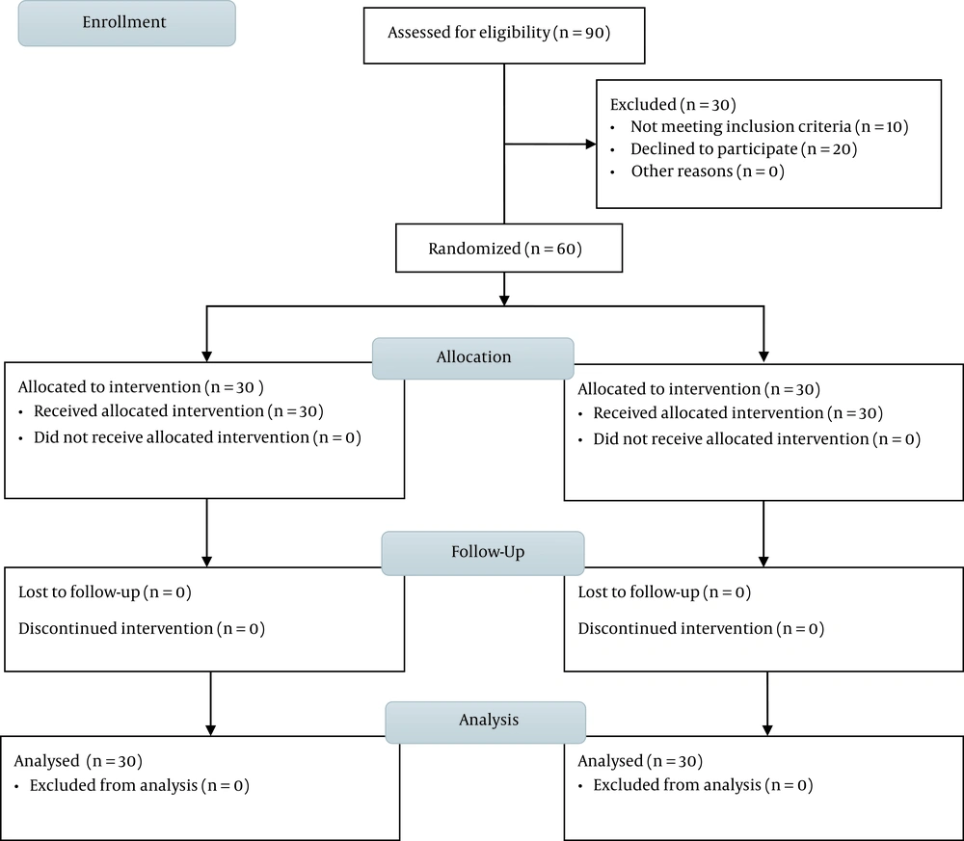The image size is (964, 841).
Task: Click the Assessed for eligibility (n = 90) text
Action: pyautogui.click(x=498, y=33)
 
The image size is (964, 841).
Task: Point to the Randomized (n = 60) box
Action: pyautogui.click(x=509, y=249)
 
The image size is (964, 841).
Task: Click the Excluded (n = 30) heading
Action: pyautogui.click(x=673, y=104)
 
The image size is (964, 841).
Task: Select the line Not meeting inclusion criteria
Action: pyautogui.click(x=769, y=126)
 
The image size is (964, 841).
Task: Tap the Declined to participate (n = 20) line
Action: pyautogui.click(x=743, y=148)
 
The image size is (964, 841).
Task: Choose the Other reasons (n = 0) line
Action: pyautogui.click(x=708, y=171)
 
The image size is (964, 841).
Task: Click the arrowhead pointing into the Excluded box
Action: pyautogui.click(x=591, y=145)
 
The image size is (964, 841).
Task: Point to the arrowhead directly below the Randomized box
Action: pyautogui.click(x=504, y=301)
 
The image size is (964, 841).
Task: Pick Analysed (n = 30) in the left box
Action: pyautogui.click(x=78, y=761)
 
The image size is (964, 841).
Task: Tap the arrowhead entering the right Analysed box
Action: pyautogui.click(x=767, y=730)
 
